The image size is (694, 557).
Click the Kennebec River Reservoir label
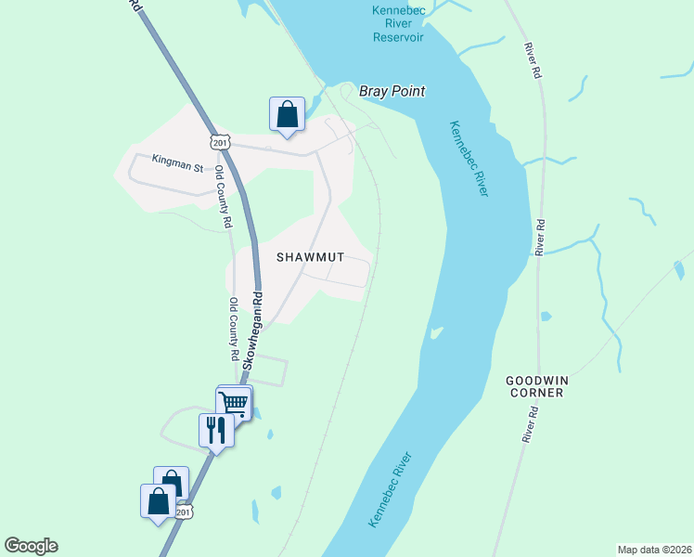[397, 23]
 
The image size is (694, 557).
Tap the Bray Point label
[393, 91]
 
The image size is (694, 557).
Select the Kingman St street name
[178, 167]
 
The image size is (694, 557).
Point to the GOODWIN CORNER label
[534, 386]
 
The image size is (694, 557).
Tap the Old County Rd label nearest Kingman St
[222, 197]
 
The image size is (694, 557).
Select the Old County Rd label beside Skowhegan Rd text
[235, 330]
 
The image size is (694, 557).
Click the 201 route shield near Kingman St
[219, 141]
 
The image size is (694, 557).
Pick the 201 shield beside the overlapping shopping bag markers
[184, 512]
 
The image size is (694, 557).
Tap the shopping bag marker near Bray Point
[288, 114]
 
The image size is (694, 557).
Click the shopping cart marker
[233, 403]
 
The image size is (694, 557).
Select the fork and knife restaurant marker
[216, 430]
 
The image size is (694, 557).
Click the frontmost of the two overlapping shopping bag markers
[158, 501]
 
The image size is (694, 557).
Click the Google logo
[31, 546]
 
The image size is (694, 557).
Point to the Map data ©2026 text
[654, 549]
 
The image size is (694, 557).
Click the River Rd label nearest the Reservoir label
[533, 60]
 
